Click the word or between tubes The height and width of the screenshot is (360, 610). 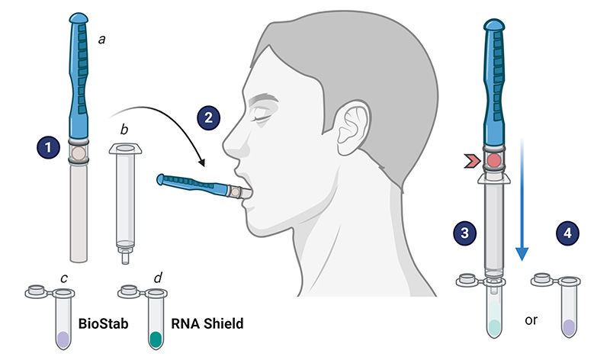click(530, 320)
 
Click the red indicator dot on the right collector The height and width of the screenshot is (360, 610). click(494, 160)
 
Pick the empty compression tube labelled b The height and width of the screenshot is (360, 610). click(124, 194)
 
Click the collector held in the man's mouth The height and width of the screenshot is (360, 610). click(198, 185)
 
